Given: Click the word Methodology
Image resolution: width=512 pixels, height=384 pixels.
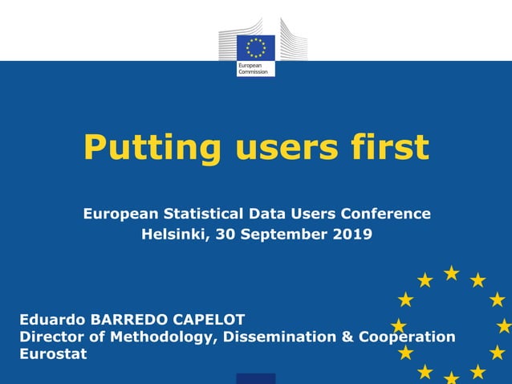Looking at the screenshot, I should [157, 337].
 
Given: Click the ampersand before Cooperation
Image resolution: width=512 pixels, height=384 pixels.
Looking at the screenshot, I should [347, 337].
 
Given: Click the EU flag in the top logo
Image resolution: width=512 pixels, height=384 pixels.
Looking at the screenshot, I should [256, 47].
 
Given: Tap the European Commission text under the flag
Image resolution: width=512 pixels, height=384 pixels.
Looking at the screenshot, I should [251, 69].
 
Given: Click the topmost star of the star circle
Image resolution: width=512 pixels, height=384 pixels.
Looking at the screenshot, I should [452, 273].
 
